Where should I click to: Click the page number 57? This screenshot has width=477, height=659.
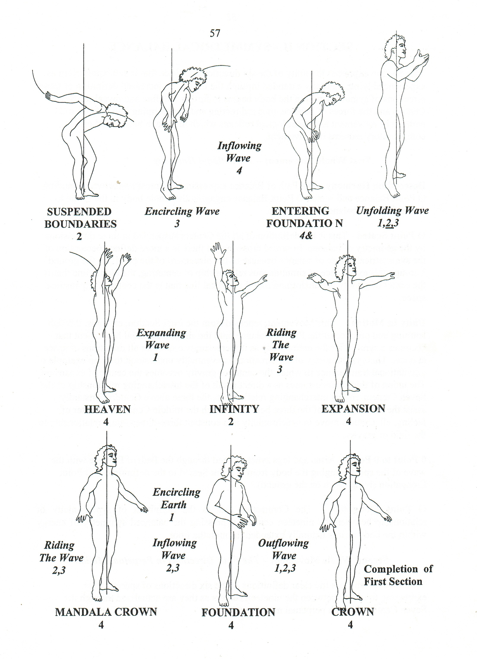click(215, 33)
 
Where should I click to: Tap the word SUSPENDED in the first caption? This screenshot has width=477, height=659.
click(79, 212)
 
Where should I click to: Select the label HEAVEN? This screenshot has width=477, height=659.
click(107, 409)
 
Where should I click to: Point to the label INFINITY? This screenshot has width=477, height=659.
click(234, 409)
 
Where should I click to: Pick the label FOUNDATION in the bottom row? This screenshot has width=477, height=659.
click(238, 612)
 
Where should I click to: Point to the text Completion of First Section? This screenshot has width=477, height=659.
click(398, 575)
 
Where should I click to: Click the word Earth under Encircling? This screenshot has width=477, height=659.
click(173, 505)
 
